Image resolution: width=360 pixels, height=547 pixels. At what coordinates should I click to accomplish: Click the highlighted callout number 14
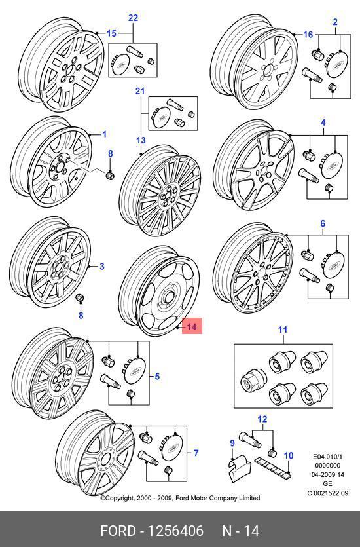tap(192, 326)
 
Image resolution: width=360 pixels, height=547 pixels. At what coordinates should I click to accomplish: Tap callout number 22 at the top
tap(133, 18)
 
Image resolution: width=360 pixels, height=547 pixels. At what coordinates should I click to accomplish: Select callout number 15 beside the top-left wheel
tap(111, 33)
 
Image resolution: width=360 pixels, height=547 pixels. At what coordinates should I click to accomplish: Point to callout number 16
tap(308, 35)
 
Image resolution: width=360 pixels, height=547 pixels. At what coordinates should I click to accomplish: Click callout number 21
tap(140, 91)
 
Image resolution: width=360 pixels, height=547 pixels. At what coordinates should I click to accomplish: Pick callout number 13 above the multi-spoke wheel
tap(141, 140)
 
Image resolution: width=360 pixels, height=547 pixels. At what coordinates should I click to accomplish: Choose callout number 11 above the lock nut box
tap(283, 330)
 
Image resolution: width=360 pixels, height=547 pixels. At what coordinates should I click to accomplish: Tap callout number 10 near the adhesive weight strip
tap(289, 455)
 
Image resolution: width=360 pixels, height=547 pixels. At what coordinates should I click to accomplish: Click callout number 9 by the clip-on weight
tap(232, 443)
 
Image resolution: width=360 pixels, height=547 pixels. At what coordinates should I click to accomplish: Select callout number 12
tap(262, 419)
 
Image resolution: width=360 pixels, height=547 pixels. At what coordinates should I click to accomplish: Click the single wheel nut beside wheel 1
tap(110, 175)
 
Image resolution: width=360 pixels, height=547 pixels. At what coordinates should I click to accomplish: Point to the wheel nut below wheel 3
tap(80, 299)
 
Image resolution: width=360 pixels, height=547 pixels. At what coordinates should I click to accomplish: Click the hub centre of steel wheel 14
tap(168, 297)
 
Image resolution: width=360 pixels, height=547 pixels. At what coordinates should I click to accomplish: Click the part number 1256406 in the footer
tap(175, 531)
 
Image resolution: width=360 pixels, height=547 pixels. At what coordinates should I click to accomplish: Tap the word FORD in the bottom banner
tap(118, 531)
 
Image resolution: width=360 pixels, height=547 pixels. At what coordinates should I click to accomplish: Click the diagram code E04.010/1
tap(327, 457)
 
